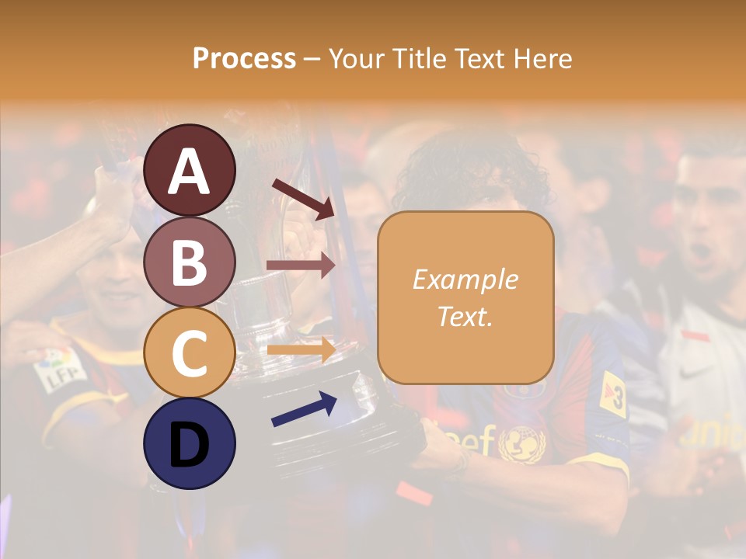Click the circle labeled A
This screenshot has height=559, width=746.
(x=189, y=170)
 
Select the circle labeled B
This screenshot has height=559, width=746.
(x=189, y=262)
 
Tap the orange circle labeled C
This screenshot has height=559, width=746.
(x=189, y=352)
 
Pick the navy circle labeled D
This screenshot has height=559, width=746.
(x=189, y=443)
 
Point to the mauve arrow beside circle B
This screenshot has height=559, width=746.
(x=301, y=266)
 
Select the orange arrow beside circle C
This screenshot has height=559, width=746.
(x=301, y=349)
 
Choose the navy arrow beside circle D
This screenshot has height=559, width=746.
(x=304, y=409)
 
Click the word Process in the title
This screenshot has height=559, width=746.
(x=244, y=59)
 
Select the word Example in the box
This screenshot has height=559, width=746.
(x=465, y=279)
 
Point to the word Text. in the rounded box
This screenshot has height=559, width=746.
(x=465, y=316)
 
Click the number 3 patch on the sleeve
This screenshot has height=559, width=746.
(x=614, y=394)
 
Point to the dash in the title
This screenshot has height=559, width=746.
(x=312, y=60)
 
